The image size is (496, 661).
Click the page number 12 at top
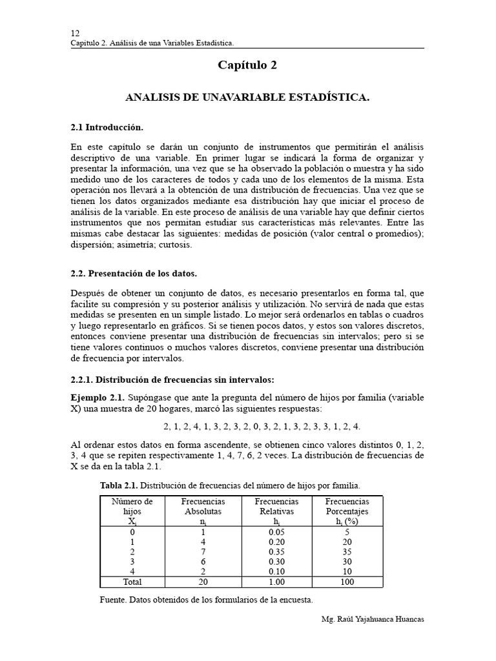pos(75,33)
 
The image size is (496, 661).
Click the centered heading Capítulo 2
pos(247,65)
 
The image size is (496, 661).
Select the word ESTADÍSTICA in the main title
pos(329,97)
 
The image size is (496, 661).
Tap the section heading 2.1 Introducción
pos(107,127)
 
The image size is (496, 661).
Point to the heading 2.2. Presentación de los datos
pos(133,274)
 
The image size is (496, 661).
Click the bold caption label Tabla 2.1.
pos(119,485)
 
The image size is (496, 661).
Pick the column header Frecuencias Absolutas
pos(203,506)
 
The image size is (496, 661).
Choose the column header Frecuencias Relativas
pos(276,506)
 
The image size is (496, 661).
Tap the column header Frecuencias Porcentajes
pos(347,506)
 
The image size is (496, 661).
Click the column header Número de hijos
pos(132,506)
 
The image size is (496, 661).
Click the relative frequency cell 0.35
pos(276,552)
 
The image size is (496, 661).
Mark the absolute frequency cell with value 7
pos(203,552)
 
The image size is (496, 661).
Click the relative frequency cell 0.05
pos(276,531)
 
